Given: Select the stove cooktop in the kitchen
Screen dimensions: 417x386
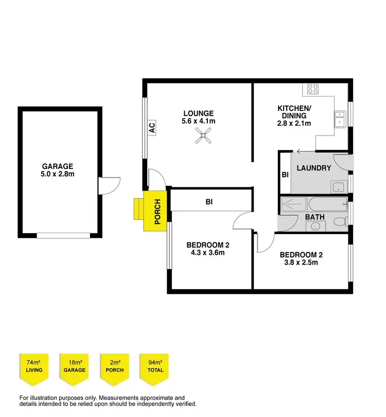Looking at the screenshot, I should click(x=312, y=89).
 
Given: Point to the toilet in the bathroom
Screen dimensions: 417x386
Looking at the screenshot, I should click(x=339, y=221).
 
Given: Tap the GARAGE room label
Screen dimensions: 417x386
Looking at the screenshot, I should click(x=58, y=166).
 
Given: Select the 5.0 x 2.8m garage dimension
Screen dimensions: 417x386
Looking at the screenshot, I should click(x=58, y=175).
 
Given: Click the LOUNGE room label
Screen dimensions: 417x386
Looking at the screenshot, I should click(x=198, y=113).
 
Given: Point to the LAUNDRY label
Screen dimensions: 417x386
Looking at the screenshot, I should click(x=313, y=168).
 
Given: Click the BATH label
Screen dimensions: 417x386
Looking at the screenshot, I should click(x=314, y=217).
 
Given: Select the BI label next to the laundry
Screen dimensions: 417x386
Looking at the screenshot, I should click(x=285, y=175).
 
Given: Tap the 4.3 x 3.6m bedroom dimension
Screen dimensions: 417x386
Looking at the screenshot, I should click(x=205, y=253).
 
